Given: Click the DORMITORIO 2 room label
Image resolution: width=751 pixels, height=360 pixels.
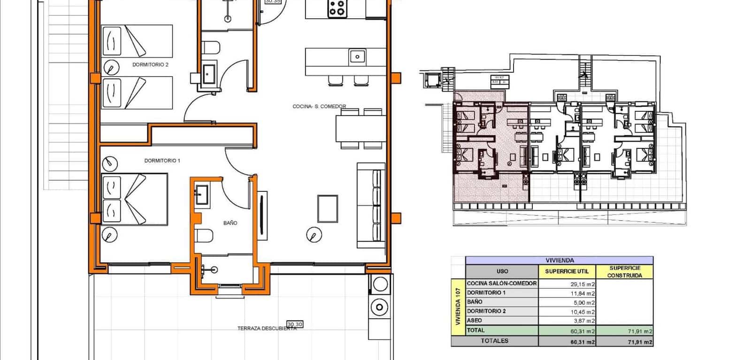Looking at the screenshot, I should [x=150, y=65].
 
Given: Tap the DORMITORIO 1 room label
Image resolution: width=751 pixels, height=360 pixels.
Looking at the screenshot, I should [x=162, y=161].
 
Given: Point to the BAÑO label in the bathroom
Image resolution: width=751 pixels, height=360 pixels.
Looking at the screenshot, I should [x=230, y=223].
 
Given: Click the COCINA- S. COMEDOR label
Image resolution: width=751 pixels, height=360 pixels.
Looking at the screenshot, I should [x=319, y=107].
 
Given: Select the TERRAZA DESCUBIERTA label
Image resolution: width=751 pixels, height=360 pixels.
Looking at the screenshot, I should [x=267, y=329].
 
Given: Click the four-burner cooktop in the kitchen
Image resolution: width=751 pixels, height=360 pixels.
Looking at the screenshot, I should [x=337, y=8].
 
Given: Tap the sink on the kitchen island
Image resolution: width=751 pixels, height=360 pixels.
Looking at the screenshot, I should [x=357, y=57].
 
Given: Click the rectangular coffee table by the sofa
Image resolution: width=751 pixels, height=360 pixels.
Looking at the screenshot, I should [x=328, y=208].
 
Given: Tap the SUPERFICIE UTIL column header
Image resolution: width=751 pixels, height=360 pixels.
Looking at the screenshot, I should [x=567, y=271].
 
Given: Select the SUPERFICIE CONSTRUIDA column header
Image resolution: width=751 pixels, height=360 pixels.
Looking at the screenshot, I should [x=624, y=272].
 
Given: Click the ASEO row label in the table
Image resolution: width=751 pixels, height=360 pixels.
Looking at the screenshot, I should [x=475, y=321].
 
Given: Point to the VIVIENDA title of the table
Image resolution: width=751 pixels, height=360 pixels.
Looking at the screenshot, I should [x=559, y=260].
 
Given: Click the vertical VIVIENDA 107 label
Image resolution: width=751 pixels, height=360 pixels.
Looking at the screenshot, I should [x=458, y=306].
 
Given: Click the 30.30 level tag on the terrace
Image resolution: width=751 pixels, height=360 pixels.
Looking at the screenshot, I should [x=294, y=324].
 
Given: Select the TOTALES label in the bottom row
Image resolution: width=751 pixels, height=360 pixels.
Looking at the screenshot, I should [x=494, y=341].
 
